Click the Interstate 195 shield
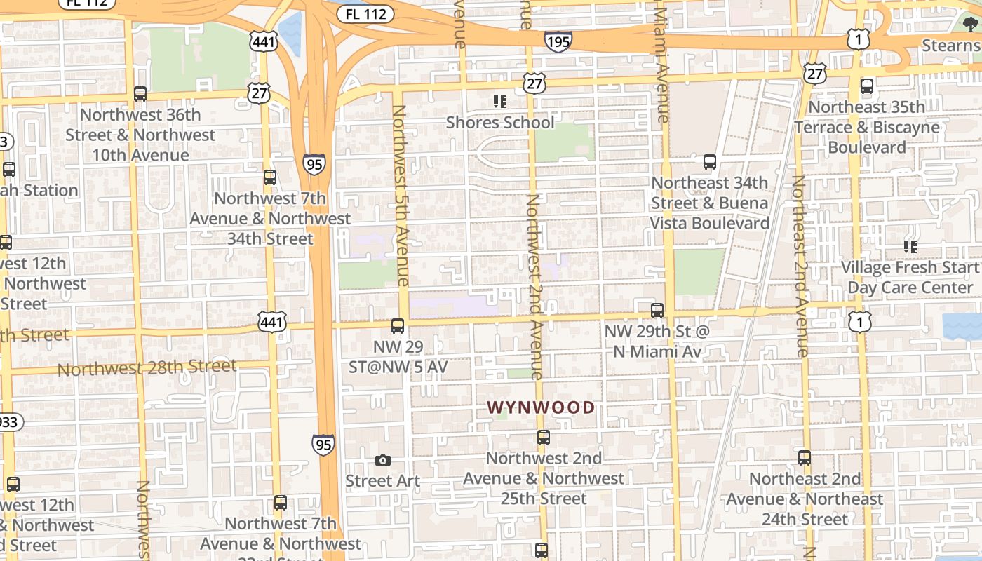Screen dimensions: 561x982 pyautogui.click(x=558, y=41)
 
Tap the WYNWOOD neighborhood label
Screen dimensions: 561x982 pyautogui.click(x=541, y=407)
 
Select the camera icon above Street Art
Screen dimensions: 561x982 pyautogui.click(x=382, y=460)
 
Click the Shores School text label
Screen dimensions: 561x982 pyautogui.click(x=500, y=123)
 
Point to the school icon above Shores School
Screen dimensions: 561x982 pyautogui.click(x=499, y=102)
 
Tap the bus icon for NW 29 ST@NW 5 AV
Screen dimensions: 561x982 pyautogui.click(x=398, y=325)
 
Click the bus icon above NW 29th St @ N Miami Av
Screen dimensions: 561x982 pyautogui.click(x=657, y=310)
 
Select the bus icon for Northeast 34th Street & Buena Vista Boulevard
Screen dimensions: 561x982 pyautogui.click(x=710, y=162)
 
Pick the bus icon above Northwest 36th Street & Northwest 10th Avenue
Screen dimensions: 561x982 pyautogui.click(x=140, y=94)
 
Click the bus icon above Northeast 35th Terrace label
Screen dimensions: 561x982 pyautogui.click(x=867, y=86)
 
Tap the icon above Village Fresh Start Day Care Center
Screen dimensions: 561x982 pyautogui.click(x=910, y=246)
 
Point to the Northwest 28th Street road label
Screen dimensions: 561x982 pyautogui.click(x=147, y=367)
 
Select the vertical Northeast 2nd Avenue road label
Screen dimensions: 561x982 pyautogui.click(x=800, y=266)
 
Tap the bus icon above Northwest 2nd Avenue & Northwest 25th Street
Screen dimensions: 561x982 pyautogui.click(x=544, y=438)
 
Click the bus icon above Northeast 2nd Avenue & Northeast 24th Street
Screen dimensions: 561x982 pyautogui.click(x=805, y=458)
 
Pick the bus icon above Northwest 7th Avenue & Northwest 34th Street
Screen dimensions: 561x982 pyautogui.click(x=270, y=177)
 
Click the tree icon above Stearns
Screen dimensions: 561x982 pyautogui.click(x=971, y=25)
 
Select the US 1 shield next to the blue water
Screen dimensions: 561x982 pyautogui.click(x=859, y=321)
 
